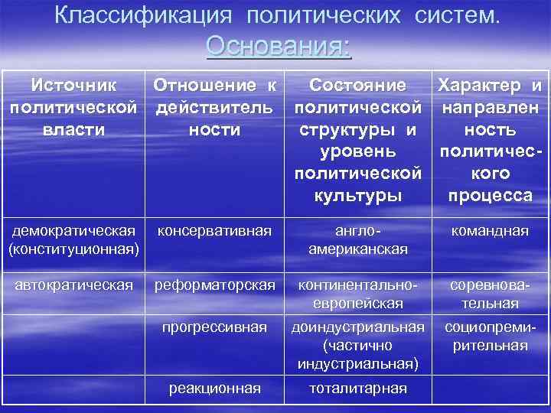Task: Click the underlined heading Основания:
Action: [279, 47]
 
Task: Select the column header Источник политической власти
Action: [73, 107]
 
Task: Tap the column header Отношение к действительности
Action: [214, 107]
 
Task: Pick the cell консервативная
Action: [214, 230]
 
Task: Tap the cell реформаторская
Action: [214, 285]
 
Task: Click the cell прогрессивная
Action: [214, 327]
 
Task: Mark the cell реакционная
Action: [214, 388]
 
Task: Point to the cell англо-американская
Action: [358, 239]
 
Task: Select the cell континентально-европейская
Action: [358, 294]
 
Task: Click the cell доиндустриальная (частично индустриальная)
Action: [358, 346]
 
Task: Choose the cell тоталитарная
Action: [358, 388]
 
